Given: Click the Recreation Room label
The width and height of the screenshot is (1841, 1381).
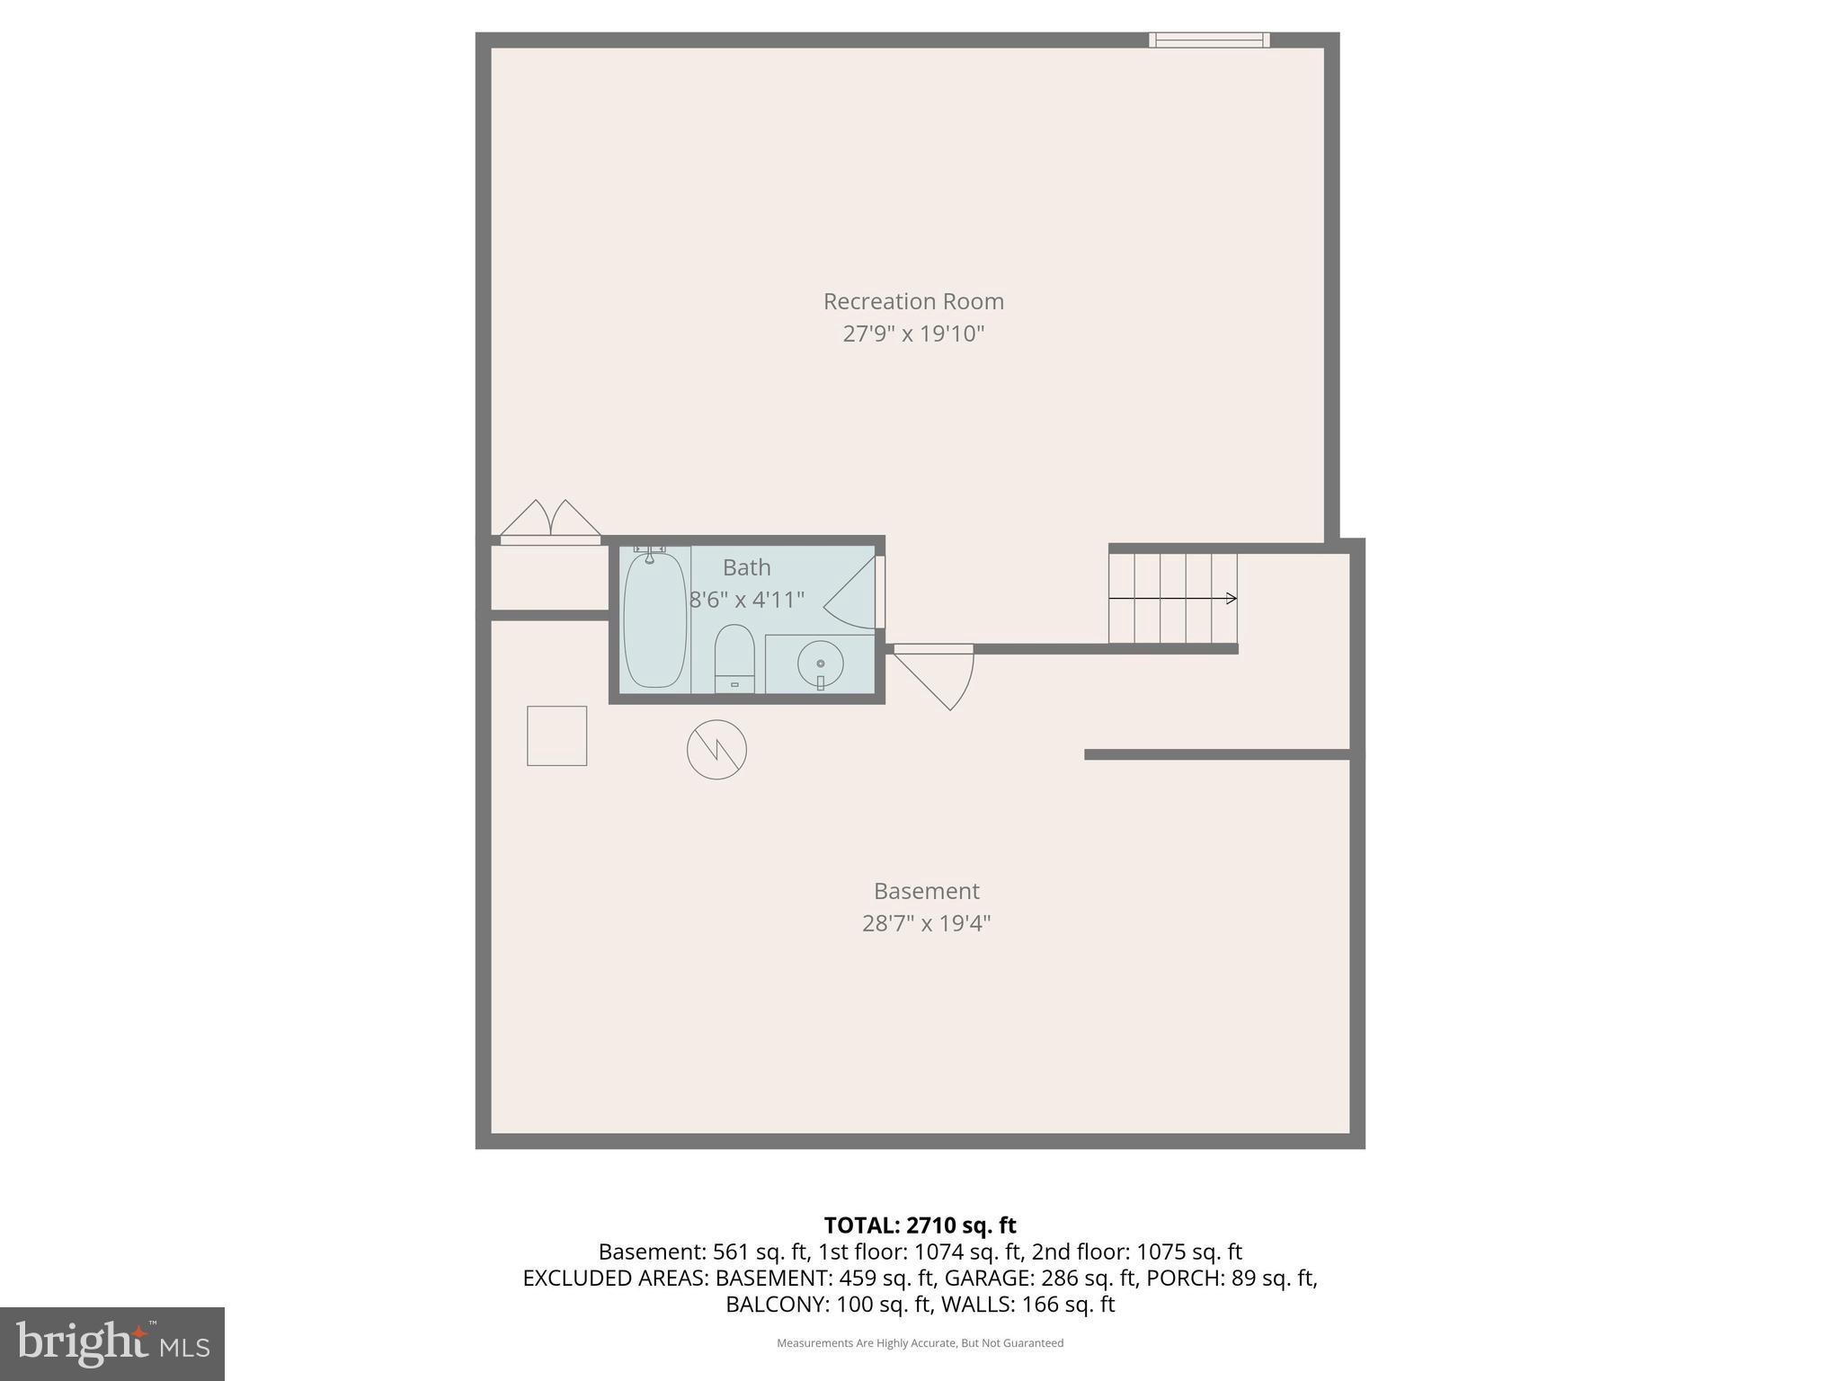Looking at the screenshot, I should click(913, 301).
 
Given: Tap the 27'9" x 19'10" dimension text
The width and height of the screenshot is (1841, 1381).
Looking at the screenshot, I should click(913, 334).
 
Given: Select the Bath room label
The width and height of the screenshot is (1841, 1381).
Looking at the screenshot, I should click(746, 567).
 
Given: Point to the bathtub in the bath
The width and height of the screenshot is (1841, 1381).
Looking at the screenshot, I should click(654, 620).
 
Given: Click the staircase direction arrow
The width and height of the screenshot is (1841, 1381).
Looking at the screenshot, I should click(1172, 599).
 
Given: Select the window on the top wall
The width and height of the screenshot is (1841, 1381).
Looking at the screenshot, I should click(1209, 40).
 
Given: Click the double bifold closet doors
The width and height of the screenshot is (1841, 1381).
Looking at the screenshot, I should click(550, 522).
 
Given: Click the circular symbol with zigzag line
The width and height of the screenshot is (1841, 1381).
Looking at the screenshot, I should click(716, 749).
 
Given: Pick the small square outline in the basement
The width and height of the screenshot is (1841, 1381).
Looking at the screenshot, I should click(556, 735).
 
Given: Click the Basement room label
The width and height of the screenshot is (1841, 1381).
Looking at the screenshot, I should click(926, 891).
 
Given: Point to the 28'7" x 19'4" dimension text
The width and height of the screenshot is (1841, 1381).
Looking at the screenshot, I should click(926, 923).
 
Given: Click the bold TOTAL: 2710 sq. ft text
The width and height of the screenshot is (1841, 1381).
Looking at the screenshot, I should click(920, 1225).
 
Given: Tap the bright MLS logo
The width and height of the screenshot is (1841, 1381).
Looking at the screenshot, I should click(112, 1344).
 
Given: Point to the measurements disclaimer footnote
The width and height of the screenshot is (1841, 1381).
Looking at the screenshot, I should click(920, 1343).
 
